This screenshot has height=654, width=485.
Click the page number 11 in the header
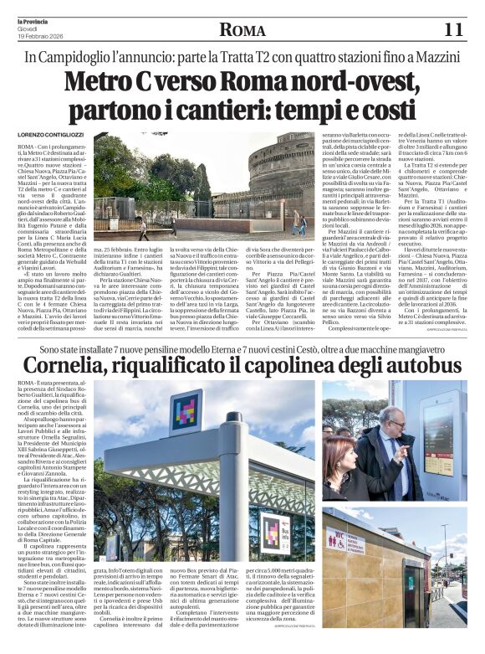point(452,30)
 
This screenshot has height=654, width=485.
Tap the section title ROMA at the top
point(242,31)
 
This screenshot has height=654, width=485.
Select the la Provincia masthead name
point(38,19)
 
